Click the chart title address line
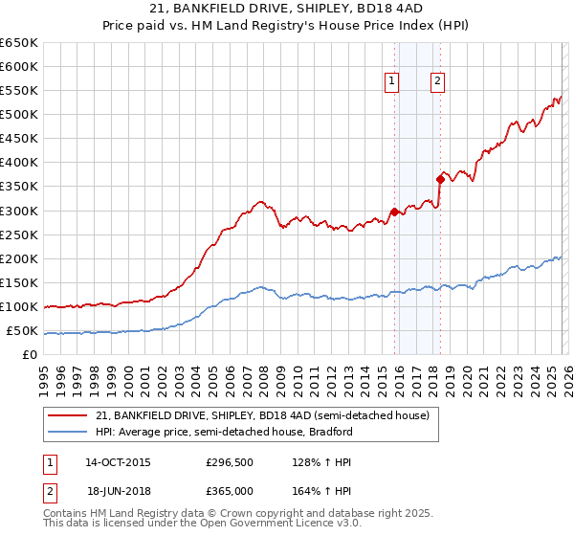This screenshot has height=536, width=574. (286, 9)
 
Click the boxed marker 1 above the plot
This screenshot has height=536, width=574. (392, 81)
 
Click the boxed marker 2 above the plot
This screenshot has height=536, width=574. (437, 81)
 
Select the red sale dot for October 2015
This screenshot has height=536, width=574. (394, 212)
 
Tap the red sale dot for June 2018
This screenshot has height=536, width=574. (440, 179)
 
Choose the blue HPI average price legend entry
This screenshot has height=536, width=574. (225, 432)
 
